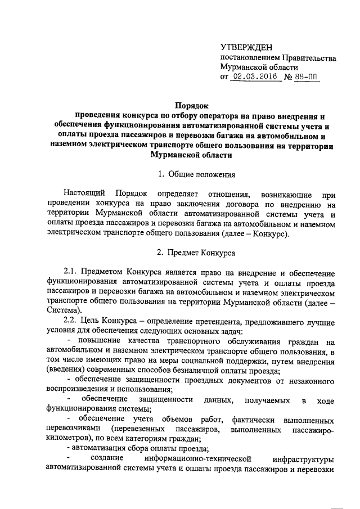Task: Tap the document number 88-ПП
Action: (307, 77)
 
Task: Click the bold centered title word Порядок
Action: (191, 105)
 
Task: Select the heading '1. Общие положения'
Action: (191, 174)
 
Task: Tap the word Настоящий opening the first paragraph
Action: (83, 194)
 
